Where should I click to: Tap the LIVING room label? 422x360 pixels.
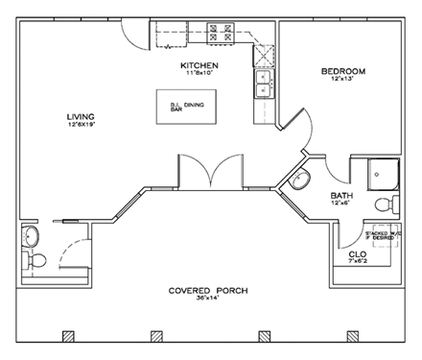(x=81, y=116)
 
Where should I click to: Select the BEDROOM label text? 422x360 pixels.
(x=342, y=72)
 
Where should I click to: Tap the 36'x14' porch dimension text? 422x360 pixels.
(x=199, y=300)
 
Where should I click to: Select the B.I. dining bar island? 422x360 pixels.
(x=187, y=104)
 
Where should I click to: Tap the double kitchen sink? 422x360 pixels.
(x=263, y=84)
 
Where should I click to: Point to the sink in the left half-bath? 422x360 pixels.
(x=31, y=235)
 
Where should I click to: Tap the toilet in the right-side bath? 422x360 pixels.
(x=386, y=204)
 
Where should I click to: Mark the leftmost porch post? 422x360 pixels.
(x=67, y=336)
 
